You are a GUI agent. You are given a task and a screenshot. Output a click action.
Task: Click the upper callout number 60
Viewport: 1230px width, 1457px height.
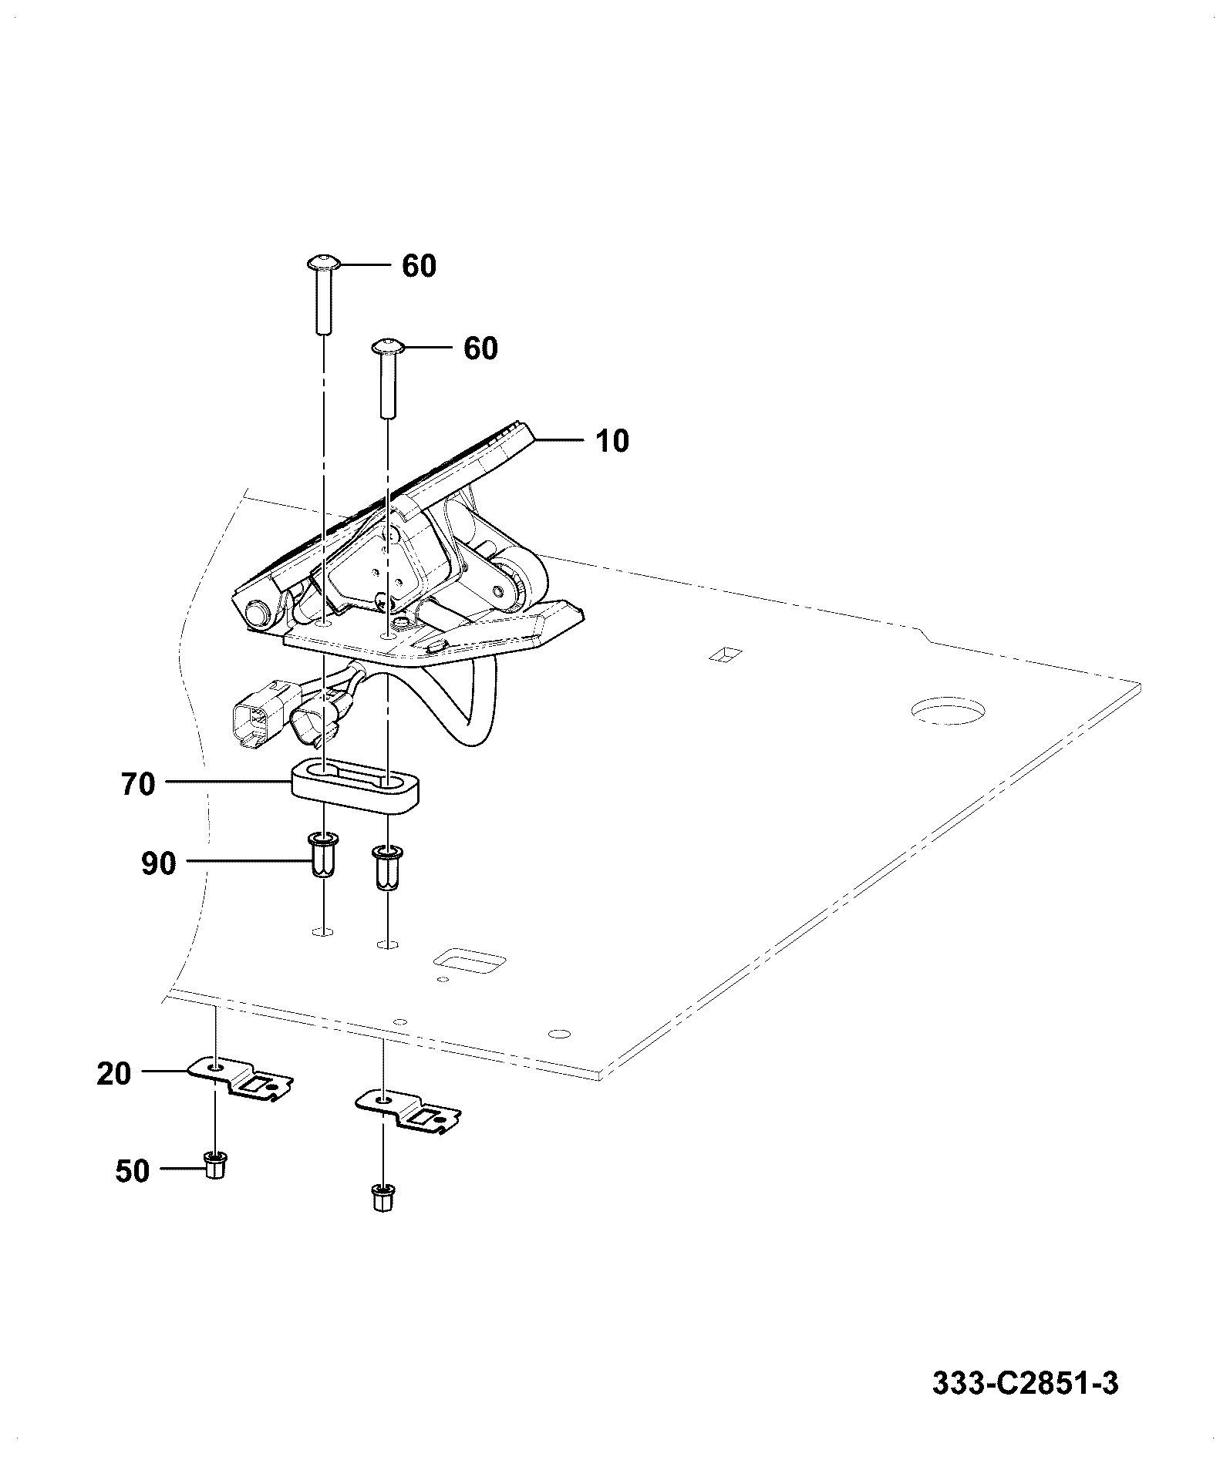419,266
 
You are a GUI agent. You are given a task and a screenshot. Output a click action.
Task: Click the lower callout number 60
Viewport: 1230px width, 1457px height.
480,348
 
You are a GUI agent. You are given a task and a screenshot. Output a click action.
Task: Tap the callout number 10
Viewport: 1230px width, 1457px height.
612,441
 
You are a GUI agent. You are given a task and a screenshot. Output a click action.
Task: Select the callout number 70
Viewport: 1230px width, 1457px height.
139,785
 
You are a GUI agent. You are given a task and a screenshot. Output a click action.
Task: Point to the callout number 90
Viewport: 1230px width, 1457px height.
159,864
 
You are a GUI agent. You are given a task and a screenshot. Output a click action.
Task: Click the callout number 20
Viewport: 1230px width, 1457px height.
114,1074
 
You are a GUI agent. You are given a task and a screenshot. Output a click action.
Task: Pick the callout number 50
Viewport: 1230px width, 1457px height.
132,1171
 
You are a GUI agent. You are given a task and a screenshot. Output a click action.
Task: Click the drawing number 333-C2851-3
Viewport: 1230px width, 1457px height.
1026,1382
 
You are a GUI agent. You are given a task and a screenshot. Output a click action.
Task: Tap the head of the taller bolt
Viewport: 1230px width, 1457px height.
323,263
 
